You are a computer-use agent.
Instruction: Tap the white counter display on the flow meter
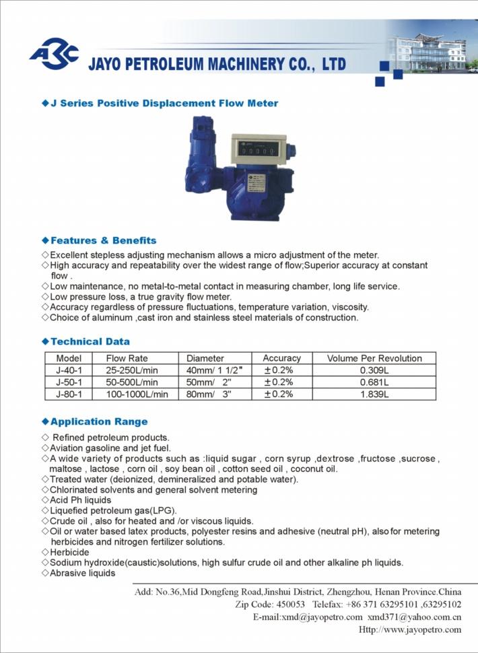pyautogui.click(x=257, y=147)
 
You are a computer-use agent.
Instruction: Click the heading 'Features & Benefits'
pyautogui.click(x=103, y=240)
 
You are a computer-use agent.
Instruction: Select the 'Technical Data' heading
pyautogui.click(x=90, y=341)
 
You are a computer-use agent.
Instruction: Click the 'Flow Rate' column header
pyautogui.click(x=127, y=358)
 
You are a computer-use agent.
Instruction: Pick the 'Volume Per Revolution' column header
pyautogui.click(x=374, y=358)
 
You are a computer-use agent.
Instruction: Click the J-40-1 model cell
pyautogui.click(x=69, y=370)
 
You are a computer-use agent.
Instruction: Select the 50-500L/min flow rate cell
pyautogui.click(x=135, y=382)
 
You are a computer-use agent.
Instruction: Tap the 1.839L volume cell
pyautogui.click(x=375, y=394)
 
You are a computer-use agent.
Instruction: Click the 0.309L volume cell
pyautogui.click(x=375, y=370)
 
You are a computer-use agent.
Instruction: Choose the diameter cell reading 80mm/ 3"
pyautogui.click(x=209, y=394)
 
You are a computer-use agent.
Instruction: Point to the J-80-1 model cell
pyautogui.click(x=69, y=394)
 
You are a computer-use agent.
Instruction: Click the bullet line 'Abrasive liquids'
pyautogui.click(x=83, y=574)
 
